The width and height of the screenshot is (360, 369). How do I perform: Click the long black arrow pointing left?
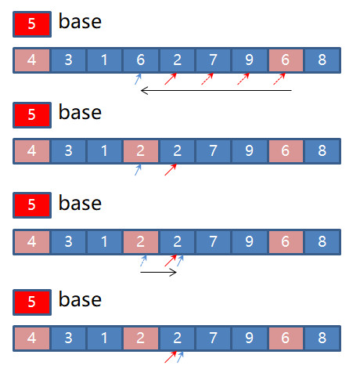[216, 91]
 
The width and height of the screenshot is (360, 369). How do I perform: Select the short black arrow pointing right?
[158, 273]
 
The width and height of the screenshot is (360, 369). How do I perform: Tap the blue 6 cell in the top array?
[141, 60]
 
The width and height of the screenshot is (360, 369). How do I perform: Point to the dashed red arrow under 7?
[207, 79]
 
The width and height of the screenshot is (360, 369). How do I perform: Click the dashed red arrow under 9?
[243, 79]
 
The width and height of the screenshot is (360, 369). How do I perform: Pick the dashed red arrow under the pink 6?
[279, 79]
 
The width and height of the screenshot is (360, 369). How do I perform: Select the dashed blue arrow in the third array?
[143, 261]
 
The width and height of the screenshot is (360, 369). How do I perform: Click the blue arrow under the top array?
[138, 79]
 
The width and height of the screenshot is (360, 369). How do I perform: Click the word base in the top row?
[80, 21]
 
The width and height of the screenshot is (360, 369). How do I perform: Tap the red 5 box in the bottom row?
[32, 302]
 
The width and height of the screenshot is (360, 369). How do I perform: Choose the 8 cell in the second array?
[322, 151]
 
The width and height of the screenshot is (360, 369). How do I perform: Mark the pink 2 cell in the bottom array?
[141, 338]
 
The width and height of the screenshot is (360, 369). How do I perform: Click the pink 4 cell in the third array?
[32, 242]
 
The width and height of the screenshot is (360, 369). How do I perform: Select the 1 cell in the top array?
[104, 60]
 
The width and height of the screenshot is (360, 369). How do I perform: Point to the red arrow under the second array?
[171, 170]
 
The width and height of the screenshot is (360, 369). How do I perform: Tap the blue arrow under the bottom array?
[180, 357]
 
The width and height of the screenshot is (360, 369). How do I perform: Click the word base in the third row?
[80, 203]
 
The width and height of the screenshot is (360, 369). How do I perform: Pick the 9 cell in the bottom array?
[250, 338]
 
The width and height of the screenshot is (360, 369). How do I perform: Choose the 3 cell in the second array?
[68, 151]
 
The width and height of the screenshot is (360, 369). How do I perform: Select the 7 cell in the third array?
[213, 242]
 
